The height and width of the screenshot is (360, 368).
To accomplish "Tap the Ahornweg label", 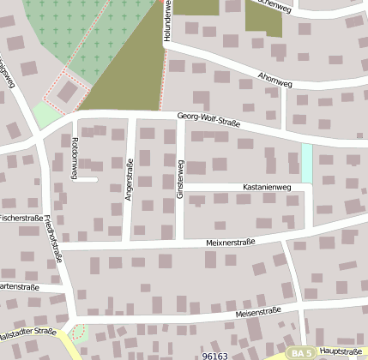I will (274, 78).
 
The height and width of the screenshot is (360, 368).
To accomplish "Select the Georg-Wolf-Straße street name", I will (208, 120).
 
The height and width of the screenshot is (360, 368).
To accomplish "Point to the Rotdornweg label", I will (75, 158).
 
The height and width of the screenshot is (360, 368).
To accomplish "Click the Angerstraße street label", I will (130, 181).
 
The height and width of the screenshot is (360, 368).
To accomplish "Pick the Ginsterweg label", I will (179, 180).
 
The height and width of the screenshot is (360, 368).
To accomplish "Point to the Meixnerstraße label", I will (232, 242).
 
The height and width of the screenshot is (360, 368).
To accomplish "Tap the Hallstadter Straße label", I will (27, 332).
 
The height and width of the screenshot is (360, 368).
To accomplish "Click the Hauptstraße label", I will (339, 351).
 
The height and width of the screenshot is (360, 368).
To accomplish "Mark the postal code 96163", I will (215, 355).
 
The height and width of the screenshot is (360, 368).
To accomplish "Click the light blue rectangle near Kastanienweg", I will (306, 162).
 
